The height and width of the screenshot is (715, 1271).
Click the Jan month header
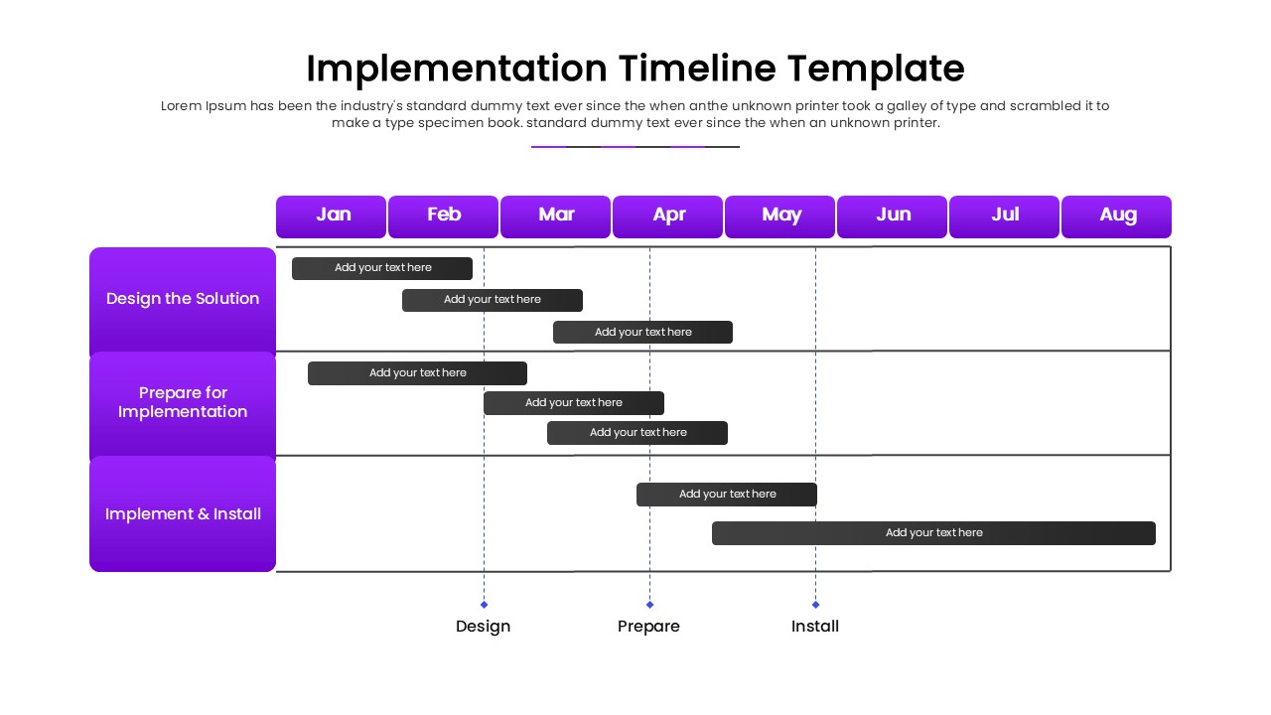(331, 216)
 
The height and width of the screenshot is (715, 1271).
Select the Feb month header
(443, 216)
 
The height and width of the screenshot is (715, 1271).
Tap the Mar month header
(555, 216)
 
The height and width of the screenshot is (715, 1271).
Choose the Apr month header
(667, 216)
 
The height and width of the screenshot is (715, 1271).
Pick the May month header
(779, 216)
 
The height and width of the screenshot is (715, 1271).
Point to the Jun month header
(892, 216)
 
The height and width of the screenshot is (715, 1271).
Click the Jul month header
(1004, 216)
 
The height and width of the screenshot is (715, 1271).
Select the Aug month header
(1116, 216)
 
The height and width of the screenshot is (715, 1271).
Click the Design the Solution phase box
(183, 299)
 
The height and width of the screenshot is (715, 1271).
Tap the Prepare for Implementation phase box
(183, 403)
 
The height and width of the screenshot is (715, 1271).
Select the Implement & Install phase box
(183, 514)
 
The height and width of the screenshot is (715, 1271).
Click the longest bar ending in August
(933, 533)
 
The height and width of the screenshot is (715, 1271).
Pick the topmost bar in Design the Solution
(382, 268)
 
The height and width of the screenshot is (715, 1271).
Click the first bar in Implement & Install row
(727, 495)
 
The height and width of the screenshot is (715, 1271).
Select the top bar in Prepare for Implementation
(417, 373)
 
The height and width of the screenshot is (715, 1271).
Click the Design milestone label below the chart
(483, 627)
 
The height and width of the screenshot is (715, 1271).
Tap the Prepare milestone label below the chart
(648, 627)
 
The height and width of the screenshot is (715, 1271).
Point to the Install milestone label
(815, 627)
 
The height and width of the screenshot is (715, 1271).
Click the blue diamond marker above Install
(815, 604)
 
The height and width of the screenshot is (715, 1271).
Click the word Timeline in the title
(697, 69)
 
